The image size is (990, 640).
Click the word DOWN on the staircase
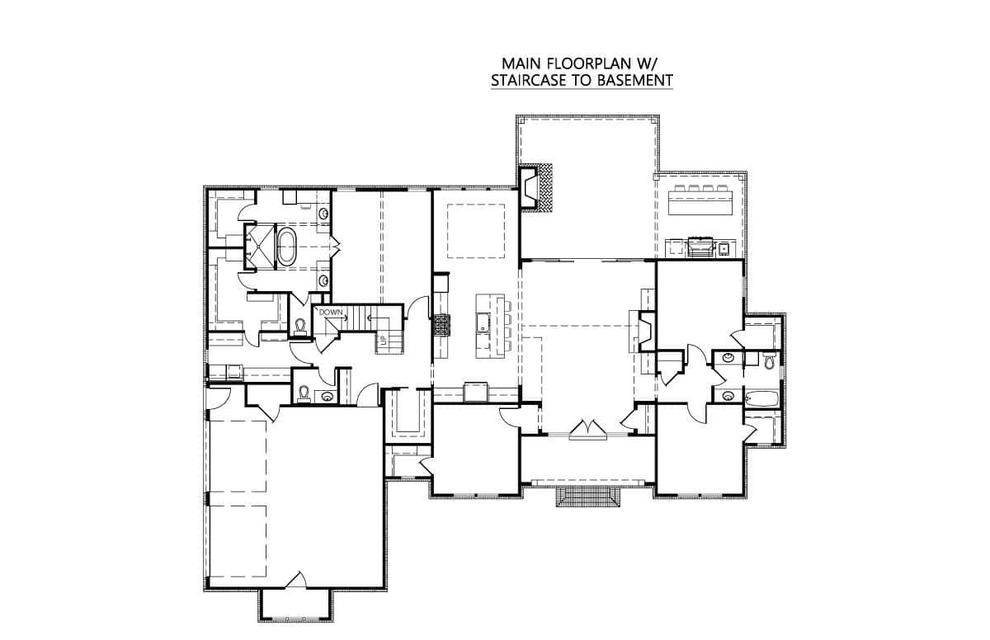pyautogui.click(x=331, y=313)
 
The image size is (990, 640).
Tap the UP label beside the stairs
pyautogui.click(x=382, y=340)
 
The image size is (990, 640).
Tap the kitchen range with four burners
pyautogui.click(x=442, y=325)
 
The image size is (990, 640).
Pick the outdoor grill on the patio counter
pyautogui.click(x=701, y=245)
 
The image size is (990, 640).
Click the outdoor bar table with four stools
pyautogui.click(x=703, y=199)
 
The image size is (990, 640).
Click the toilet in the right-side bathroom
pyautogui.click(x=768, y=359)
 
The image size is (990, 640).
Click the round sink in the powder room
pyautogui.click(x=328, y=397)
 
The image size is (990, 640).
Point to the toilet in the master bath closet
pyautogui.click(x=300, y=327)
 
